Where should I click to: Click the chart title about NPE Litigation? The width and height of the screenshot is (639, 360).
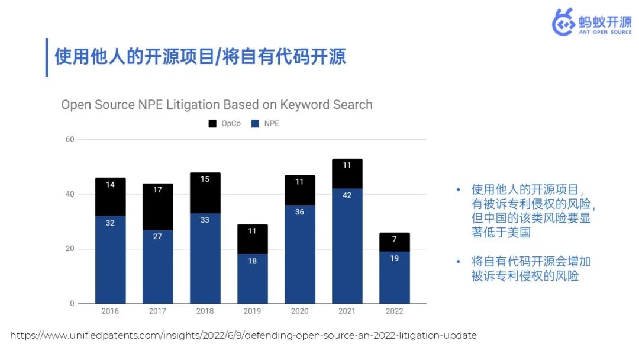(x=217, y=105)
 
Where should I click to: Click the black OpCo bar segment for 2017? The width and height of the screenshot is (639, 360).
(x=157, y=207)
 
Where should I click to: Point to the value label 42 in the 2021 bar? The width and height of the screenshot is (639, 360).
(x=347, y=195)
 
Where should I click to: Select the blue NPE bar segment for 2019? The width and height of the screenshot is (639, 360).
(x=252, y=278)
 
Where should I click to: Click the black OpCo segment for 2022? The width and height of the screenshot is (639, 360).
(x=394, y=242)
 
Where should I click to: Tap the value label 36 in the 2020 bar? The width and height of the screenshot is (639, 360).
(x=299, y=211)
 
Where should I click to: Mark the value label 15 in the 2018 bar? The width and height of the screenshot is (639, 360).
(x=205, y=179)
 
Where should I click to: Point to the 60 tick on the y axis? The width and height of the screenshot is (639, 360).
(x=70, y=139)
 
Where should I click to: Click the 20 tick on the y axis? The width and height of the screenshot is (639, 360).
(x=70, y=249)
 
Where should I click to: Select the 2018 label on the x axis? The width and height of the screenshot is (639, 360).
(x=205, y=311)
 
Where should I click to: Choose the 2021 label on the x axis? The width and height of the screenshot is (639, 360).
(x=347, y=311)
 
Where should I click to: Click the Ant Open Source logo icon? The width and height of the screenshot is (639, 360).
(x=563, y=22)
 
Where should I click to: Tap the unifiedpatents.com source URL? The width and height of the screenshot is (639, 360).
(x=243, y=335)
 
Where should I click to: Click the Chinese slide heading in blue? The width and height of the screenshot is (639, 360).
(x=200, y=56)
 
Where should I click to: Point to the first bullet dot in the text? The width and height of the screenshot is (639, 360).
(x=458, y=189)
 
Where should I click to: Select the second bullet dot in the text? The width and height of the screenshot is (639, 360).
(x=458, y=261)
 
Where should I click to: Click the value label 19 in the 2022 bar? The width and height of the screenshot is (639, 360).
(x=394, y=258)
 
